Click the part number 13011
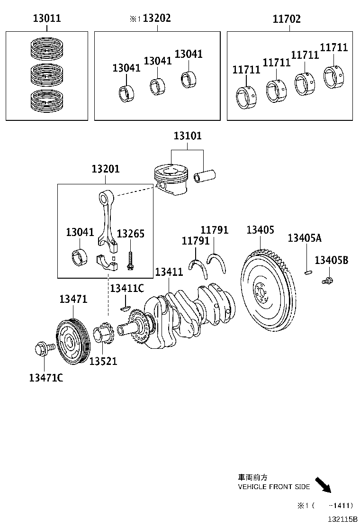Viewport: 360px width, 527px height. [x=47, y=19]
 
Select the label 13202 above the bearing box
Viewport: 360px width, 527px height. [x=156, y=18]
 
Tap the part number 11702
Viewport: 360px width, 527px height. [x=287, y=19]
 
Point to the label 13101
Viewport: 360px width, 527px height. [x=187, y=136]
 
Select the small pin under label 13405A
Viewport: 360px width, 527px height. [x=307, y=272]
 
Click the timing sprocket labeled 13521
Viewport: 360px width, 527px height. [x=103, y=336]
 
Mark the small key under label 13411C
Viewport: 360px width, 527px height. [x=125, y=308]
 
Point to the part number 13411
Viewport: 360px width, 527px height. [x=169, y=272]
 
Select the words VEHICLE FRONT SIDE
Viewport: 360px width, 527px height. [x=273, y=487]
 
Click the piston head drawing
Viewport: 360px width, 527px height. [x=171, y=178]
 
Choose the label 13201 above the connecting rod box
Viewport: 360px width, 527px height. [x=106, y=169]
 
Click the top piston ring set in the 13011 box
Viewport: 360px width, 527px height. [x=47, y=47]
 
